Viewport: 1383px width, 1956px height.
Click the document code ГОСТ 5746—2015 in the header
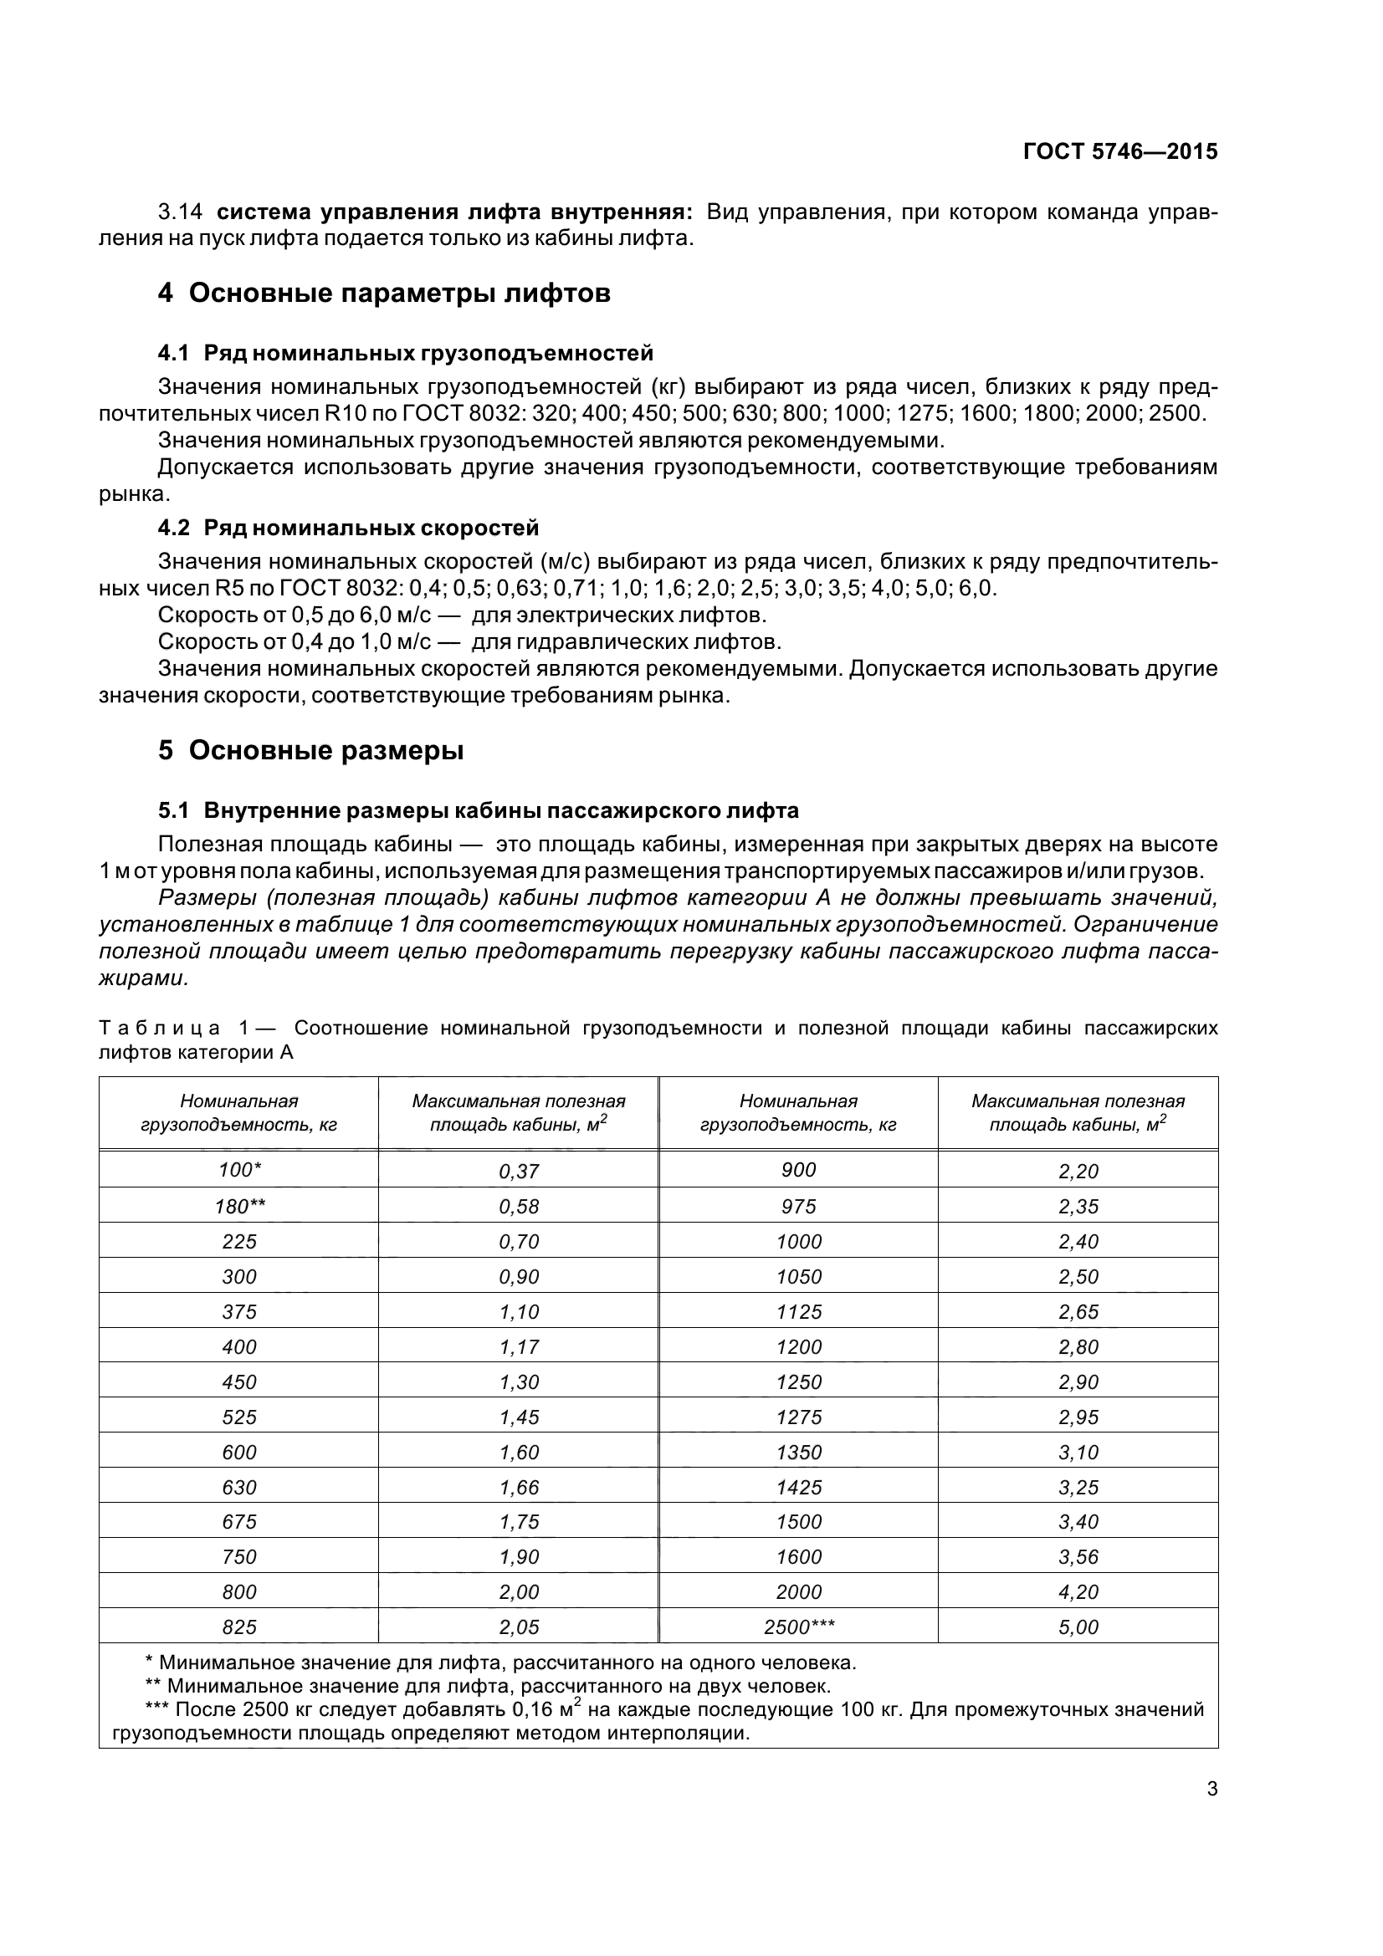[x=1119, y=151]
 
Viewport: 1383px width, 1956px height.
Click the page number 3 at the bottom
[x=1211, y=1789]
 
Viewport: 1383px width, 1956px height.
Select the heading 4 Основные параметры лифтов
[x=384, y=293]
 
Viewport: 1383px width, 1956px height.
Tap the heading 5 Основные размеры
[x=311, y=750]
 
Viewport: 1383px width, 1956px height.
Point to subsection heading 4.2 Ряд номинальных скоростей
[x=349, y=529]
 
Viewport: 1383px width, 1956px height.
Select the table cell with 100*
[x=239, y=1170]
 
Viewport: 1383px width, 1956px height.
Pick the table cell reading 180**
[x=239, y=1206]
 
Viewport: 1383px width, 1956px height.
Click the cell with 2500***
[x=798, y=1627]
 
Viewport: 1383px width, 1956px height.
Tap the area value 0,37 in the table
[x=519, y=1171]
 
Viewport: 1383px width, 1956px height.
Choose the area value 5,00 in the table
[x=1078, y=1627]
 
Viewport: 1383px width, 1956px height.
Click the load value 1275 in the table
[x=798, y=1417]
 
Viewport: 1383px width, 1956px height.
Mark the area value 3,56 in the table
[x=1078, y=1556]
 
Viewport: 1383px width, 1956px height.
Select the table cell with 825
[x=239, y=1627]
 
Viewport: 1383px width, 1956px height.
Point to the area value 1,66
[x=519, y=1487]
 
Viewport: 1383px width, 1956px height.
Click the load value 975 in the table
[x=798, y=1206]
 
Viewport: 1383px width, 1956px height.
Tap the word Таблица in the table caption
[x=159, y=1029]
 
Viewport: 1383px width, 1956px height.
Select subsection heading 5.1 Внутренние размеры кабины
[x=478, y=810]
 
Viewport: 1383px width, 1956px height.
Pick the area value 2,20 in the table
[x=1078, y=1171]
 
